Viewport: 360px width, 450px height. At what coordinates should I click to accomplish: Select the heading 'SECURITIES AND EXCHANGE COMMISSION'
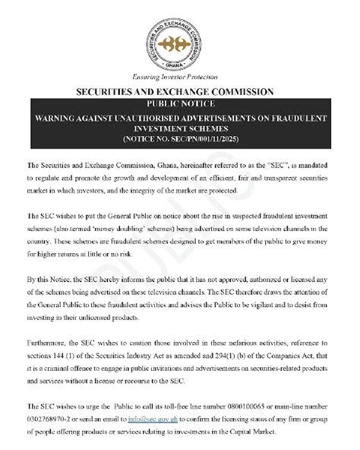click(x=179, y=92)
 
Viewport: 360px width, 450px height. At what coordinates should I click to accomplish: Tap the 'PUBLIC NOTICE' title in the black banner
click(x=179, y=103)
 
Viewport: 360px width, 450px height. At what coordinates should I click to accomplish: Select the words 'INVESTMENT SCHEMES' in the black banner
click(x=179, y=128)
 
